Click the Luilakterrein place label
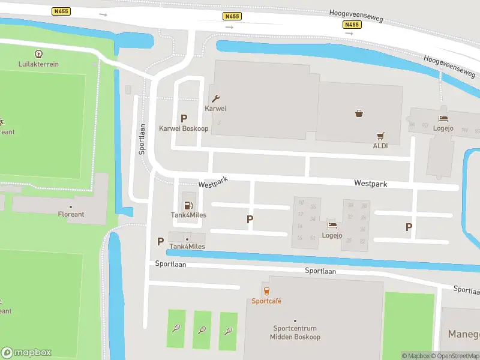[x=38, y=64]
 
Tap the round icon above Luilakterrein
[x=39, y=54]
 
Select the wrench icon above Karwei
[x=216, y=99]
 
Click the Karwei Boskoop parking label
[x=183, y=128]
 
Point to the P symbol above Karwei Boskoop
[x=184, y=119]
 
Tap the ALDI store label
[x=380, y=146]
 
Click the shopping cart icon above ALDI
[x=380, y=136]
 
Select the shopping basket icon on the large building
[x=359, y=113]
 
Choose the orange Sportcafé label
[x=266, y=301]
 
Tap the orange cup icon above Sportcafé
[x=266, y=291]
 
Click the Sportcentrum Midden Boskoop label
[x=295, y=332]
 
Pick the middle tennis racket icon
[x=202, y=329]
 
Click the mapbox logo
[x=26, y=352]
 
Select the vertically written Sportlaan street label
[x=142, y=139]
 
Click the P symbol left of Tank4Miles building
[x=160, y=241]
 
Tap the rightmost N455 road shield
[x=352, y=25]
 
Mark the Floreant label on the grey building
[x=71, y=214]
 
